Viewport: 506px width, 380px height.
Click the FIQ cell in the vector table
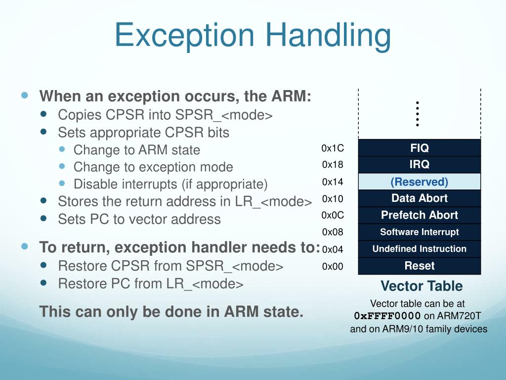(419, 148)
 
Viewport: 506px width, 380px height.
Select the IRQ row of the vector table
(419, 165)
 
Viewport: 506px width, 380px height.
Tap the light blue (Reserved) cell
(419, 182)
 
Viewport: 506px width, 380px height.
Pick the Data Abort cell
(419, 198)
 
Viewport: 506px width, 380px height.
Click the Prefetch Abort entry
(419, 215)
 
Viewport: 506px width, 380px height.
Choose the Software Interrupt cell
(419, 232)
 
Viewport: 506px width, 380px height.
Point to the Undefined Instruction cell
(419, 249)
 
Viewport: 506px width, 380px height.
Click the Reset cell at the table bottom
(419, 266)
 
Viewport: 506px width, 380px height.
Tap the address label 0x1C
(332, 148)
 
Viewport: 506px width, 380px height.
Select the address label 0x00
(332, 267)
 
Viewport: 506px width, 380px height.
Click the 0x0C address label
(332, 216)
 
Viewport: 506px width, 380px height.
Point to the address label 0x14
(332, 182)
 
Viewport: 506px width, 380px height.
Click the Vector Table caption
(421, 286)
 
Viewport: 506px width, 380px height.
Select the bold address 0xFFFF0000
(387, 316)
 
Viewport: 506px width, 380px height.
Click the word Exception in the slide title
(184, 36)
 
